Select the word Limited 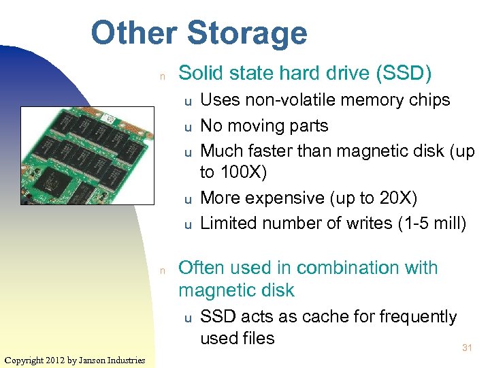point(229,223)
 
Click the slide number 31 point(467,348)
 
